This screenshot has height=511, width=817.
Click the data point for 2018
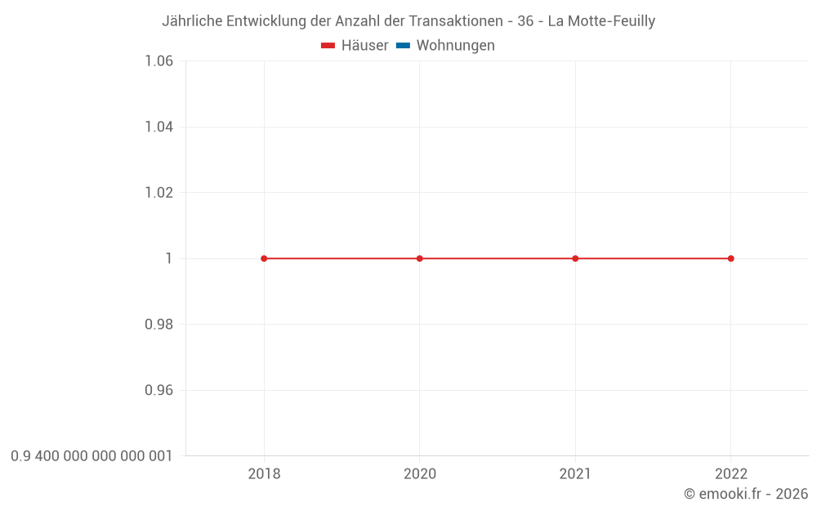pos(264,258)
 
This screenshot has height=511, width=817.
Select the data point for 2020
pos(420,258)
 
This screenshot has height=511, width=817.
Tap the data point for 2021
pos(575,258)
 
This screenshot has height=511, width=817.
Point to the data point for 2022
pos(730,258)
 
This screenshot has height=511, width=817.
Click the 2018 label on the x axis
pos(264,473)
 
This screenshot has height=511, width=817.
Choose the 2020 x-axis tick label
pos(420,473)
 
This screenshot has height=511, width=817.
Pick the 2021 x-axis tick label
pos(575,473)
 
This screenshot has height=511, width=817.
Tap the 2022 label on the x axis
pos(730,473)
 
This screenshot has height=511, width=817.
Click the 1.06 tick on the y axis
pos(158,61)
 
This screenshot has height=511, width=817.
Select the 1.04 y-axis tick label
pos(158,127)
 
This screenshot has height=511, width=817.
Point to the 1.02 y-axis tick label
pos(158,193)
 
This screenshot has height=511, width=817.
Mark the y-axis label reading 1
pos(169,258)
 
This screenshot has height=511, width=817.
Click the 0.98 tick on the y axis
pos(158,325)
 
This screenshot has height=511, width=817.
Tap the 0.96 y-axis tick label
pos(158,390)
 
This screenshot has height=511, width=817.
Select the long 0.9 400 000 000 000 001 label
pos(92,456)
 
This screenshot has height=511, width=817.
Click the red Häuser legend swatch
pos(328,46)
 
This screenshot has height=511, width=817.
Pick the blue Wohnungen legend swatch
pos(403,46)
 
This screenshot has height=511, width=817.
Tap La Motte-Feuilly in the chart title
pos(601,21)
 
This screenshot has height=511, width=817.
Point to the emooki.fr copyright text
pos(746,494)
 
